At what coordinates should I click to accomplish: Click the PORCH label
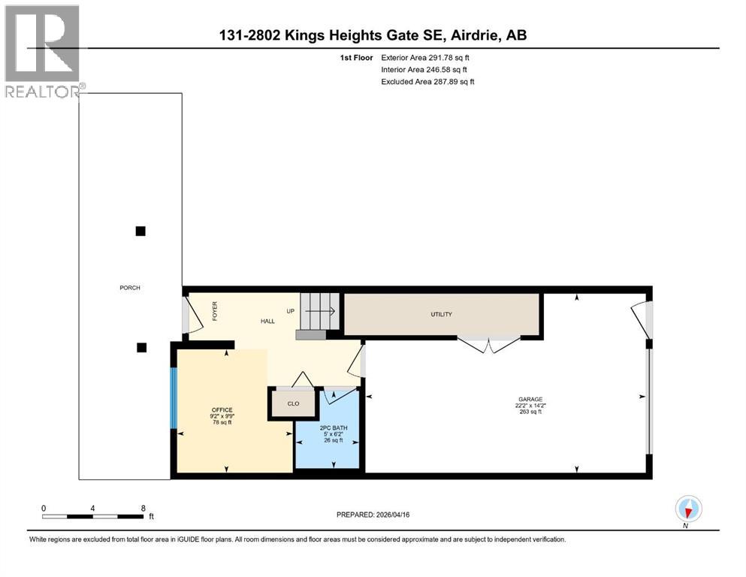click(x=129, y=288)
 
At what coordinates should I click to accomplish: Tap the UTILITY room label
click(x=441, y=314)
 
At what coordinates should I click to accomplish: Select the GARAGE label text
click(x=530, y=400)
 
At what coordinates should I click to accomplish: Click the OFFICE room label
click(x=222, y=410)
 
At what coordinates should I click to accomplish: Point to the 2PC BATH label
click(x=330, y=428)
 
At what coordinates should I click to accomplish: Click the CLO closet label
click(x=293, y=403)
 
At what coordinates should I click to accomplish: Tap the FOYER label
click(x=215, y=311)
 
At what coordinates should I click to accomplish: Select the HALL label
click(x=267, y=321)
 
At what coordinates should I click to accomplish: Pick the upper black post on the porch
click(x=140, y=231)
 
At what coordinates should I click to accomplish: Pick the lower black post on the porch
click(x=141, y=347)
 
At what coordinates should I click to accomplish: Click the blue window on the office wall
click(x=173, y=398)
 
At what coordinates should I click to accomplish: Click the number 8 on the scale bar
click(x=143, y=508)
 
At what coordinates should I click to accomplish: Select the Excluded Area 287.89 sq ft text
click(x=428, y=81)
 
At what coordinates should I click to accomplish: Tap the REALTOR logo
click(x=43, y=50)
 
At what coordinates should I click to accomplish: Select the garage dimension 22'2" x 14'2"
click(x=530, y=406)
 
